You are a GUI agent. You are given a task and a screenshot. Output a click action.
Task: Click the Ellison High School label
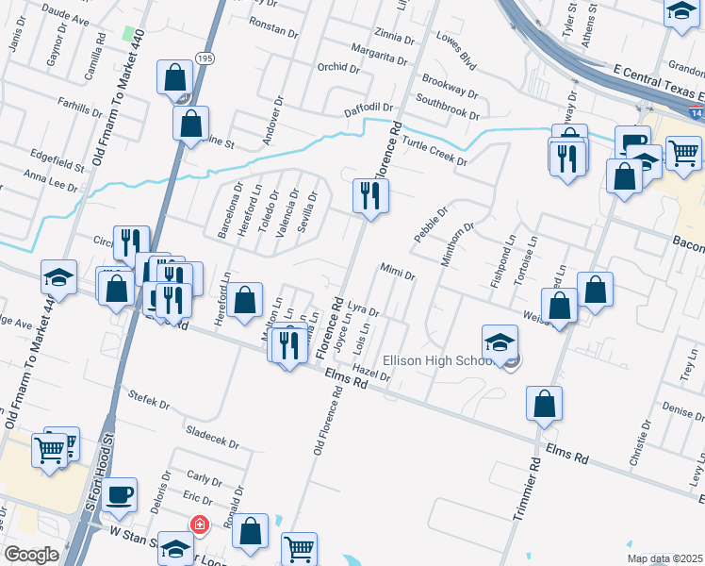tap(437, 360)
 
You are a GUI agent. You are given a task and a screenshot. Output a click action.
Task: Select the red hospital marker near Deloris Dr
tap(199, 524)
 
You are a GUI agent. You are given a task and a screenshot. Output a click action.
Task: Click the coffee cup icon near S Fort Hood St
tap(120, 495)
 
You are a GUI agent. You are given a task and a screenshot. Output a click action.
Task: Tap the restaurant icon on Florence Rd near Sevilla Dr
tap(369, 195)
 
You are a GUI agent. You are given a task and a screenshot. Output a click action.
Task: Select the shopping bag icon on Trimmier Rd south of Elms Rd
tap(545, 404)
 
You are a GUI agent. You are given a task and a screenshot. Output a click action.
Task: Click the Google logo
tap(31, 555)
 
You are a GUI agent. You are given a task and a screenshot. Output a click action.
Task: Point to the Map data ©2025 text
tap(665, 558)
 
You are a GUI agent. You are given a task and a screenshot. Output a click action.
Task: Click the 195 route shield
tap(205, 58)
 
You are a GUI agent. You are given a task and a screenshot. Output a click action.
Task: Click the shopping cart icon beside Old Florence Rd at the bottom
tap(299, 548)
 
